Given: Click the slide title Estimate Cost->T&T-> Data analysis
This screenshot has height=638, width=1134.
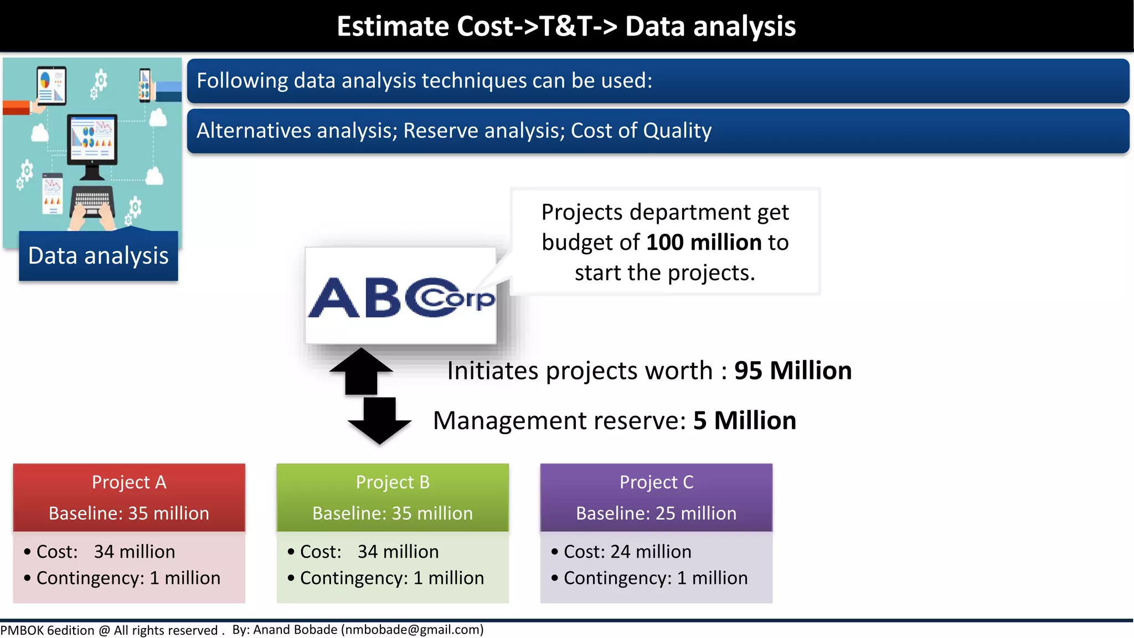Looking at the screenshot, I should pyautogui.click(x=566, y=27).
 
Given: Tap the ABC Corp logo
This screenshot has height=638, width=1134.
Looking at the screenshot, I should pyautogui.click(x=400, y=297).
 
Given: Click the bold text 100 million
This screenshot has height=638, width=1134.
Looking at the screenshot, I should pyautogui.click(x=704, y=243).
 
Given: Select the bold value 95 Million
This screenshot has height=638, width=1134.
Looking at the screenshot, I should pyautogui.click(x=792, y=371).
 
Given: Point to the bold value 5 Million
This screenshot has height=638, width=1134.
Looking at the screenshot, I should pyautogui.click(x=744, y=420).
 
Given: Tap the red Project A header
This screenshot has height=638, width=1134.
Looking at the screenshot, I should pyautogui.click(x=129, y=497).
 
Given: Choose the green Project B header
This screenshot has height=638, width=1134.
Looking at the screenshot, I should pyautogui.click(x=393, y=497).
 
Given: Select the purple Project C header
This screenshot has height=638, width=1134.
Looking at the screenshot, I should pyautogui.click(x=656, y=497).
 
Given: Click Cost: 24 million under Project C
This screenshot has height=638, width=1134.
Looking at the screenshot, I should pyautogui.click(x=627, y=552).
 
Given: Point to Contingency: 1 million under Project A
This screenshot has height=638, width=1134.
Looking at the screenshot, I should pyautogui.click(x=128, y=578).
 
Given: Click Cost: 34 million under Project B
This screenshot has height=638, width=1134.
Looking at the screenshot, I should pyautogui.click(x=369, y=552).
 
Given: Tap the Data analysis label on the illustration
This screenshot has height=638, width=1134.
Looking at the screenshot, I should pyautogui.click(x=99, y=256).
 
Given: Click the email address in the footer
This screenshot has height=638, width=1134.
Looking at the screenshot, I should pyautogui.click(x=412, y=630).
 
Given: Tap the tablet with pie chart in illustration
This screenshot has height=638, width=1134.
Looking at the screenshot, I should pyautogui.click(x=51, y=85).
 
